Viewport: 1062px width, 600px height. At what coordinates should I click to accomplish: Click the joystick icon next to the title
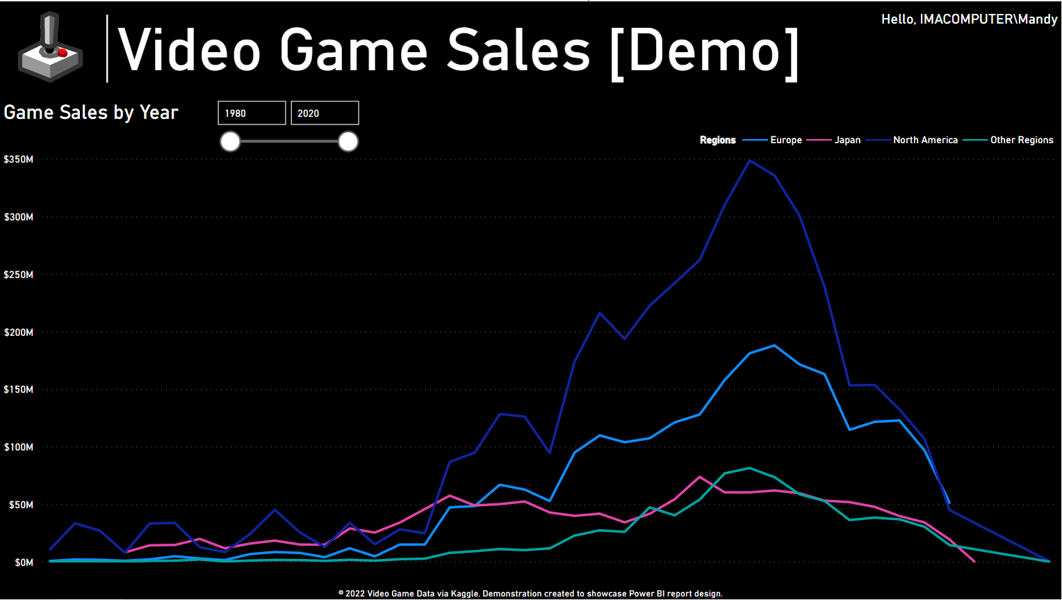tap(50, 47)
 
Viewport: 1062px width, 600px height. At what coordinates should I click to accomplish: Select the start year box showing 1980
tap(252, 113)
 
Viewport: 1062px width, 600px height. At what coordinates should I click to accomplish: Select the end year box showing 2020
tap(325, 113)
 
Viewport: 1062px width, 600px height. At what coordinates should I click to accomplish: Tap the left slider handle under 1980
tap(230, 142)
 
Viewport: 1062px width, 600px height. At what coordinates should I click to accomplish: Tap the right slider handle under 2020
tap(348, 142)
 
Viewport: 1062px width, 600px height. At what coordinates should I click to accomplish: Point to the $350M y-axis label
tap(19, 159)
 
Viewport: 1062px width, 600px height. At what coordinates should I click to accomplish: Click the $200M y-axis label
tap(19, 332)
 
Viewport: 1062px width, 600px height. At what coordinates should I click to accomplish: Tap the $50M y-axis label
tap(21, 505)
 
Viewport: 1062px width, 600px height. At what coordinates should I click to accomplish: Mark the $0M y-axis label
tap(24, 562)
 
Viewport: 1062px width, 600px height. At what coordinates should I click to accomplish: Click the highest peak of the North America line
tap(749, 161)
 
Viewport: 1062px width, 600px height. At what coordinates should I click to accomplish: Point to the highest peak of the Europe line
tap(774, 346)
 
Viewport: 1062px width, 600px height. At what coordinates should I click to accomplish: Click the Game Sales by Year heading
tap(91, 113)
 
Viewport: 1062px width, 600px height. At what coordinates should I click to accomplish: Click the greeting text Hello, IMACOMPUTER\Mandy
tap(969, 19)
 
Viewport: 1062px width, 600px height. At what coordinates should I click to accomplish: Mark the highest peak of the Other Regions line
tap(749, 468)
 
